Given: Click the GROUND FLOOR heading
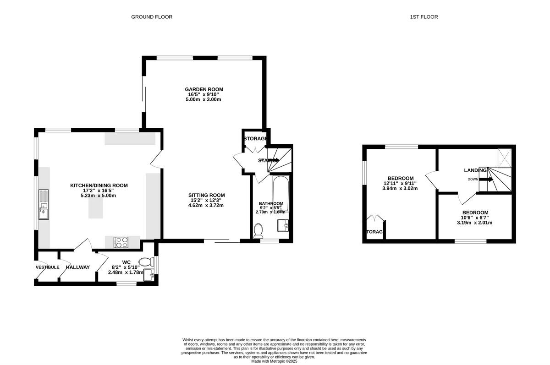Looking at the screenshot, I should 152,17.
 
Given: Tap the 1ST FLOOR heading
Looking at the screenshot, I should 423,17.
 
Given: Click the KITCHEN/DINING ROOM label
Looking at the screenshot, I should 99,185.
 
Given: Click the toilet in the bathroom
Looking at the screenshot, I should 258,230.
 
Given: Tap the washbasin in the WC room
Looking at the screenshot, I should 148,276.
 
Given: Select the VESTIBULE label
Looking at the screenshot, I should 48,267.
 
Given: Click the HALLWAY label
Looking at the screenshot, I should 77,267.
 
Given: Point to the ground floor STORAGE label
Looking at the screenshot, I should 255,139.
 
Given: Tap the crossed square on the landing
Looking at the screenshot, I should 506,158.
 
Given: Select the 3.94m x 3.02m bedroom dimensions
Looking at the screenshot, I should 401,189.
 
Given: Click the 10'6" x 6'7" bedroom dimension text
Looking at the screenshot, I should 475,218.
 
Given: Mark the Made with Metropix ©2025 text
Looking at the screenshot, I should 275,361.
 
